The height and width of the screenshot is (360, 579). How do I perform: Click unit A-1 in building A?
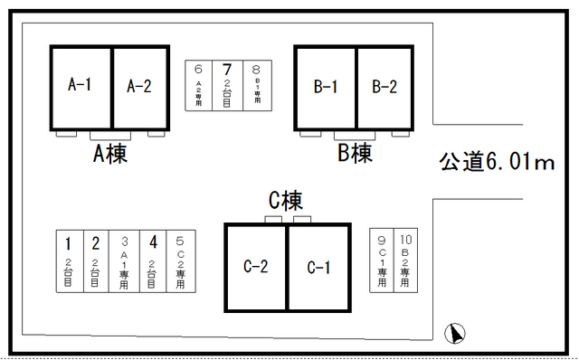coord(81,87)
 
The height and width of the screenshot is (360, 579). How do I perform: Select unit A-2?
coord(140,87)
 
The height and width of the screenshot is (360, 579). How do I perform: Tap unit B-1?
coord(326,87)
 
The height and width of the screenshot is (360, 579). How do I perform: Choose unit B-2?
coord(385,87)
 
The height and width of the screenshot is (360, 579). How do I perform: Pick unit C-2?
coord(256,268)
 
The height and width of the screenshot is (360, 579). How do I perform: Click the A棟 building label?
coord(109,154)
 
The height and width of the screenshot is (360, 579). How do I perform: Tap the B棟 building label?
coord(355,154)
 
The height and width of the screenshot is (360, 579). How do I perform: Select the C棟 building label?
coord(285,201)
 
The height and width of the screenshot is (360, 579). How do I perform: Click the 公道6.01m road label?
coord(496,162)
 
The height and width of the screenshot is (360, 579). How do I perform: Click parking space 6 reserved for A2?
coord(198,86)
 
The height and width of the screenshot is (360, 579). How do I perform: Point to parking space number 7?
coord(227,86)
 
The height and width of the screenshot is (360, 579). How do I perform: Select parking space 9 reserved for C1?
coord(382,260)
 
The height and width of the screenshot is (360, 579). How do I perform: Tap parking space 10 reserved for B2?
coord(404,260)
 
